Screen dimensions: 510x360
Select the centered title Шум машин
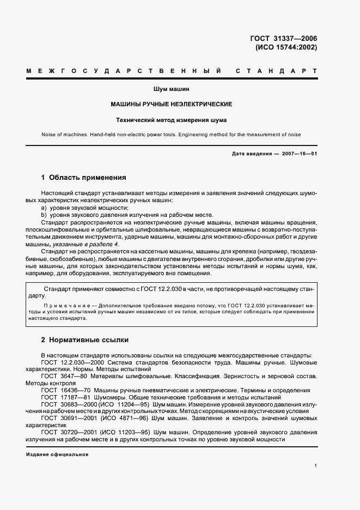click(172, 88)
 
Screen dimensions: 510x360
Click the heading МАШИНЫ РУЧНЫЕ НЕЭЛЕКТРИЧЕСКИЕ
click(172, 104)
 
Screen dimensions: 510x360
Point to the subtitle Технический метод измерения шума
click(172, 119)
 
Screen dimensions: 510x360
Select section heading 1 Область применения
click(84, 178)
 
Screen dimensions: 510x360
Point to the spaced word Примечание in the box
click(64, 306)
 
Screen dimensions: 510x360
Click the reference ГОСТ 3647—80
click(61, 376)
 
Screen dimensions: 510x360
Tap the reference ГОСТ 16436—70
click(63, 391)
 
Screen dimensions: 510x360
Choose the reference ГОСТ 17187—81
click(63, 398)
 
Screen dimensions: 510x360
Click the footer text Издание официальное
click(57, 454)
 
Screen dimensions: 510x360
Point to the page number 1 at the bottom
click(316, 466)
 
